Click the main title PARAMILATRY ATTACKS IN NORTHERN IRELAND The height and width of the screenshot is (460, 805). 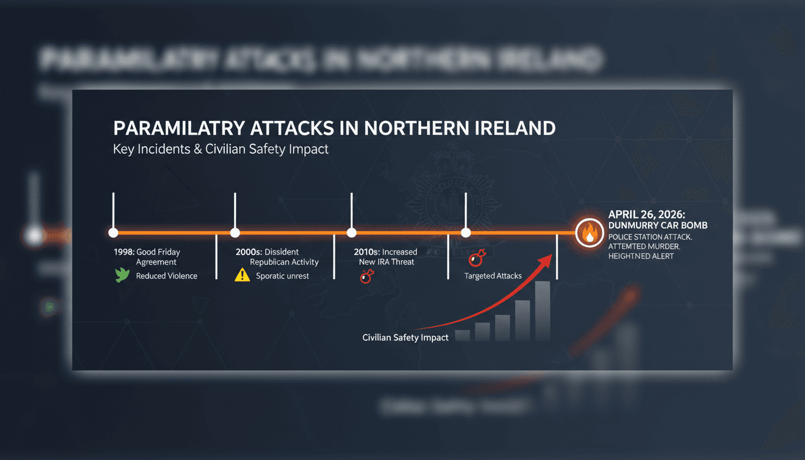(334, 128)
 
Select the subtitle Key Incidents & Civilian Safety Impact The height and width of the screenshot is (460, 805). (221, 149)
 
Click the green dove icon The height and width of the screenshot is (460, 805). (122, 276)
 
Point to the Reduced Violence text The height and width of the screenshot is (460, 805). (167, 276)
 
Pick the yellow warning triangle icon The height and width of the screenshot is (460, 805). (242, 276)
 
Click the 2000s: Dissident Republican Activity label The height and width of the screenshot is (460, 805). (277, 257)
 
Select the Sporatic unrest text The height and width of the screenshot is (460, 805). (283, 276)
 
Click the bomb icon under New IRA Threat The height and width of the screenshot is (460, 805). (367, 276)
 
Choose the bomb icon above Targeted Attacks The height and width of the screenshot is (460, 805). (477, 258)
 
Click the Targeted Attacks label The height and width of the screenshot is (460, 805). (493, 276)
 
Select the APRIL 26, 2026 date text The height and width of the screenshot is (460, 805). (646, 214)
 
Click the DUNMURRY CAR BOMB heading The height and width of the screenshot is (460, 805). (658, 225)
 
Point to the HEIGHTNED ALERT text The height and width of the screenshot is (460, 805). (641, 256)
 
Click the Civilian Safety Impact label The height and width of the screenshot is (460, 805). (405, 338)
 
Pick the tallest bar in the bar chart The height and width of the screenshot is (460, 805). (543, 311)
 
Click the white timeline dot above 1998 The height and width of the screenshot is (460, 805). (113, 233)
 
